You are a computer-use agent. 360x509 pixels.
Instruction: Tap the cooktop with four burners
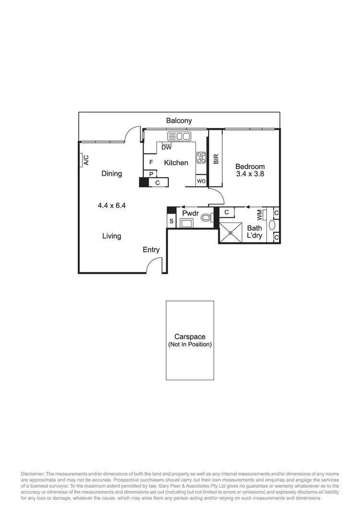(x=201, y=157)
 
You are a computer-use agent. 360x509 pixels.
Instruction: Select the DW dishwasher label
(x=167, y=147)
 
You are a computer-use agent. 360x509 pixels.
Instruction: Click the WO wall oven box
(x=201, y=181)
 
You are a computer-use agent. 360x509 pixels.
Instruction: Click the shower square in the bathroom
(x=231, y=232)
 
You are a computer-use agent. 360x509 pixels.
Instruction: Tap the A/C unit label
(x=86, y=159)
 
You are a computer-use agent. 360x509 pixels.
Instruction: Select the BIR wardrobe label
(x=216, y=159)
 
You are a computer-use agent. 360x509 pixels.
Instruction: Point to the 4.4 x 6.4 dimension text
(x=111, y=206)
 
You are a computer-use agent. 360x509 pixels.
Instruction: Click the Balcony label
(x=179, y=121)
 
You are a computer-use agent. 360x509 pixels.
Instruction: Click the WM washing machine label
(x=260, y=214)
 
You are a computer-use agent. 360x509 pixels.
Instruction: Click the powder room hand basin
(x=186, y=223)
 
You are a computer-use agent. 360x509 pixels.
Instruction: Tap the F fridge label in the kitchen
(x=151, y=163)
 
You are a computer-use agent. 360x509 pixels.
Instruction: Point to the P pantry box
(x=151, y=174)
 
